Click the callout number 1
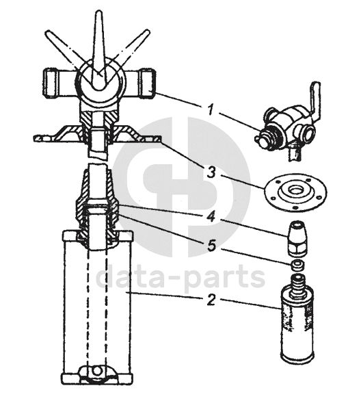click(210, 109)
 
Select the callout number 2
click(211, 300)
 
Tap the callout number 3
click(211, 172)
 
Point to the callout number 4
click(211, 217)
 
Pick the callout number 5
click(212, 246)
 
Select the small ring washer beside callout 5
click(297, 265)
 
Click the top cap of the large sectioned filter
click(97, 235)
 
